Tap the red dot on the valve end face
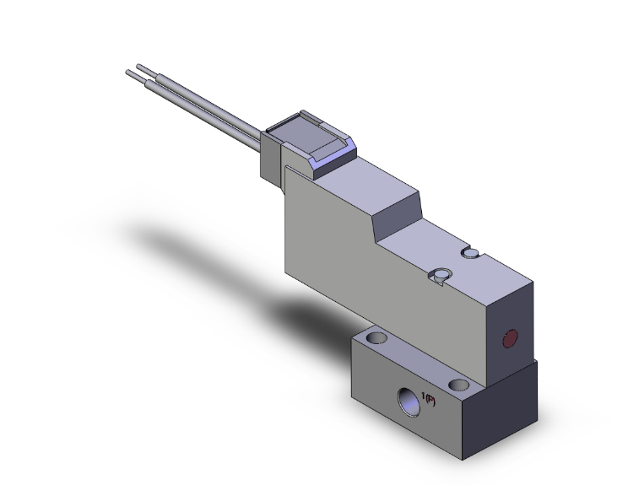(509, 340)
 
